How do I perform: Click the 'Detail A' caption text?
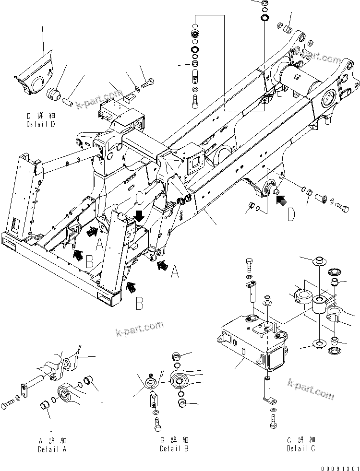52,449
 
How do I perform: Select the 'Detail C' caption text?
301,448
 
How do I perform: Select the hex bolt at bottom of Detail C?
272,422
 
